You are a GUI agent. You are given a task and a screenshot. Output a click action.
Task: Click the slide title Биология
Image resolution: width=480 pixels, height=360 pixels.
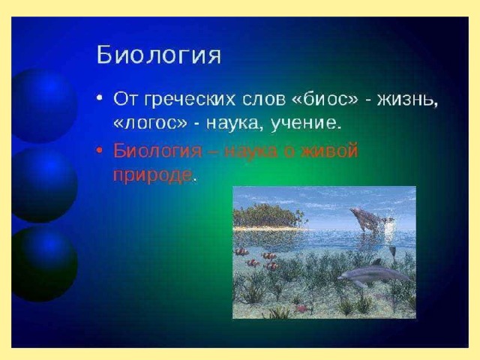pyautogui.click(x=158, y=55)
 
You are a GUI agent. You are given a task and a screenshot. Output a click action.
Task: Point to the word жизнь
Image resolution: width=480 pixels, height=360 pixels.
pyautogui.click(x=407, y=100)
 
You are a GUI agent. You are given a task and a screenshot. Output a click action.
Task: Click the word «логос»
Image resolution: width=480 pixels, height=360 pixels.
pyautogui.click(x=150, y=123)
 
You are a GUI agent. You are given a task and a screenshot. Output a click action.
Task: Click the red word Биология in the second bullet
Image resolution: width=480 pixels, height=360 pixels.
pyautogui.click(x=157, y=150)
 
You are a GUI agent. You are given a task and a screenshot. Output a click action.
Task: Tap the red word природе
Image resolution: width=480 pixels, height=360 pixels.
pyautogui.click(x=153, y=175)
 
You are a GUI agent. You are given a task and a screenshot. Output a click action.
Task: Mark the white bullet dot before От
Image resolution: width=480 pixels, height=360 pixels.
pyautogui.click(x=99, y=99)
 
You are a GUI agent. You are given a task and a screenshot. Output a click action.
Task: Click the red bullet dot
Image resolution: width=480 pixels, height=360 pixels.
pyautogui.click(x=99, y=151)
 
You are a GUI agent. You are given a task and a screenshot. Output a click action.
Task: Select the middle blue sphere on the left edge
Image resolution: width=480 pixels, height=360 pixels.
pyautogui.click(x=43, y=184)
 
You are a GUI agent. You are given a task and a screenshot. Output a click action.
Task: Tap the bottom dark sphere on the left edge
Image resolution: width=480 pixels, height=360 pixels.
pyautogui.click(x=43, y=264)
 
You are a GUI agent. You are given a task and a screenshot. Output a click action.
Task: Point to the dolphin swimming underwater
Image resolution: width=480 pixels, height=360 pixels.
pyautogui.click(x=374, y=274)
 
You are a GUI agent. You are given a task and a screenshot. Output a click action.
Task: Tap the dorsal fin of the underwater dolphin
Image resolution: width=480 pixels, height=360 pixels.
pyautogui.click(x=376, y=262)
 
